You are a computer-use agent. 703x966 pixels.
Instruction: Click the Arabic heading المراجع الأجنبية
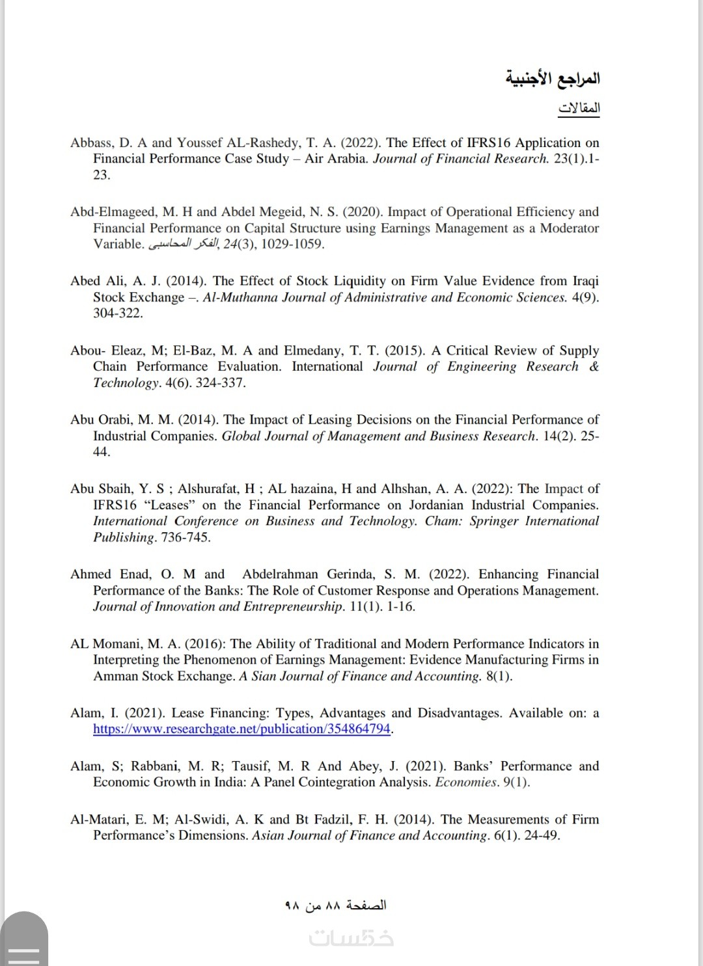tap(553, 79)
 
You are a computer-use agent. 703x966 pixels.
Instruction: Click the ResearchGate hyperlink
tap(241, 729)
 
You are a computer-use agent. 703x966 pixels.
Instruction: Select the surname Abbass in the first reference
tap(92, 143)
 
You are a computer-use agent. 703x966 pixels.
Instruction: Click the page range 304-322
tap(118, 314)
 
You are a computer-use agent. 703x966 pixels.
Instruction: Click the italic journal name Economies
tap(466, 783)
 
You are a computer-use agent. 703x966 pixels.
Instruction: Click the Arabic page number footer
tap(335, 906)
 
